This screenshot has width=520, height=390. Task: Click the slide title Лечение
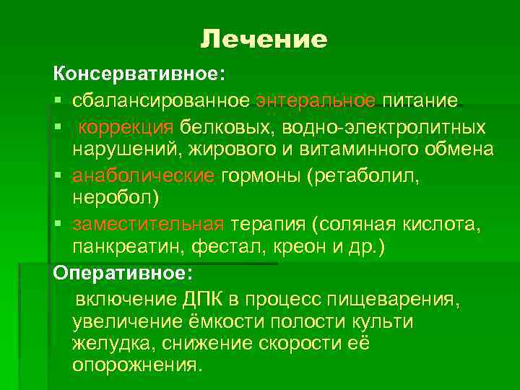point(264,39)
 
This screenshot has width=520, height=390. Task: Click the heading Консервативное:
point(138,74)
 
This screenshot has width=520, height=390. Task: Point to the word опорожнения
point(134,365)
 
